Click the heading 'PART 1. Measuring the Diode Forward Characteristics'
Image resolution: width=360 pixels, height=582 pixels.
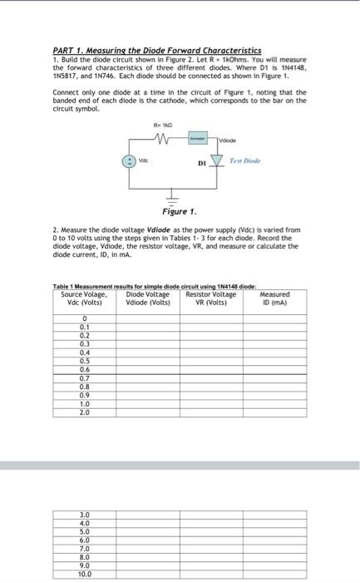(x=156, y=51)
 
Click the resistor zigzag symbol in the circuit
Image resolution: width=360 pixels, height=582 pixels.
(x=163, y=137)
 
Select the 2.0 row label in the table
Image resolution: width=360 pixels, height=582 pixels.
(x=84, y=412)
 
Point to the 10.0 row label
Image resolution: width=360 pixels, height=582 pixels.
(x=84, y=575)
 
